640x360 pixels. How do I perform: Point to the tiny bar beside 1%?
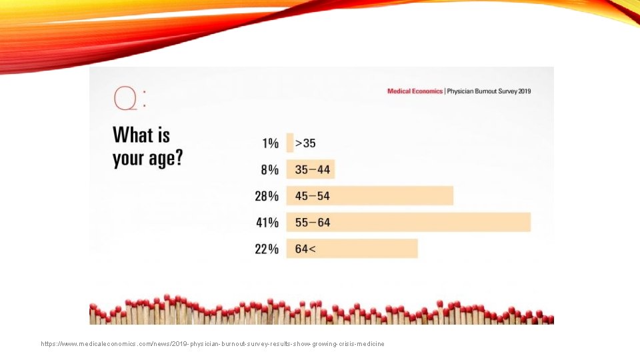coord(290,143)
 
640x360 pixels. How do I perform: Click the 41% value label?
coord(267,223)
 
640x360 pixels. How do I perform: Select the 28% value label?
coord(267,196)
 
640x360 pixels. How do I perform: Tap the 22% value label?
coord(267,249)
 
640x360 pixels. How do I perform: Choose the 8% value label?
coord(269,170)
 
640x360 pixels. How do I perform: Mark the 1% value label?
coord(270,143)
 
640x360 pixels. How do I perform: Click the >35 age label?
coord(305,143)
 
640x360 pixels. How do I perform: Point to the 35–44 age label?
coord(313,170)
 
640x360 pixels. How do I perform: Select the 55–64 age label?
coord(313,223)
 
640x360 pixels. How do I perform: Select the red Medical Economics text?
coord(415,91)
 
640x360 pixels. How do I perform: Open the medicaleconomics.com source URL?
coord(213,344)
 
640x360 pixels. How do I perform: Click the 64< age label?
coord(306,249)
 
